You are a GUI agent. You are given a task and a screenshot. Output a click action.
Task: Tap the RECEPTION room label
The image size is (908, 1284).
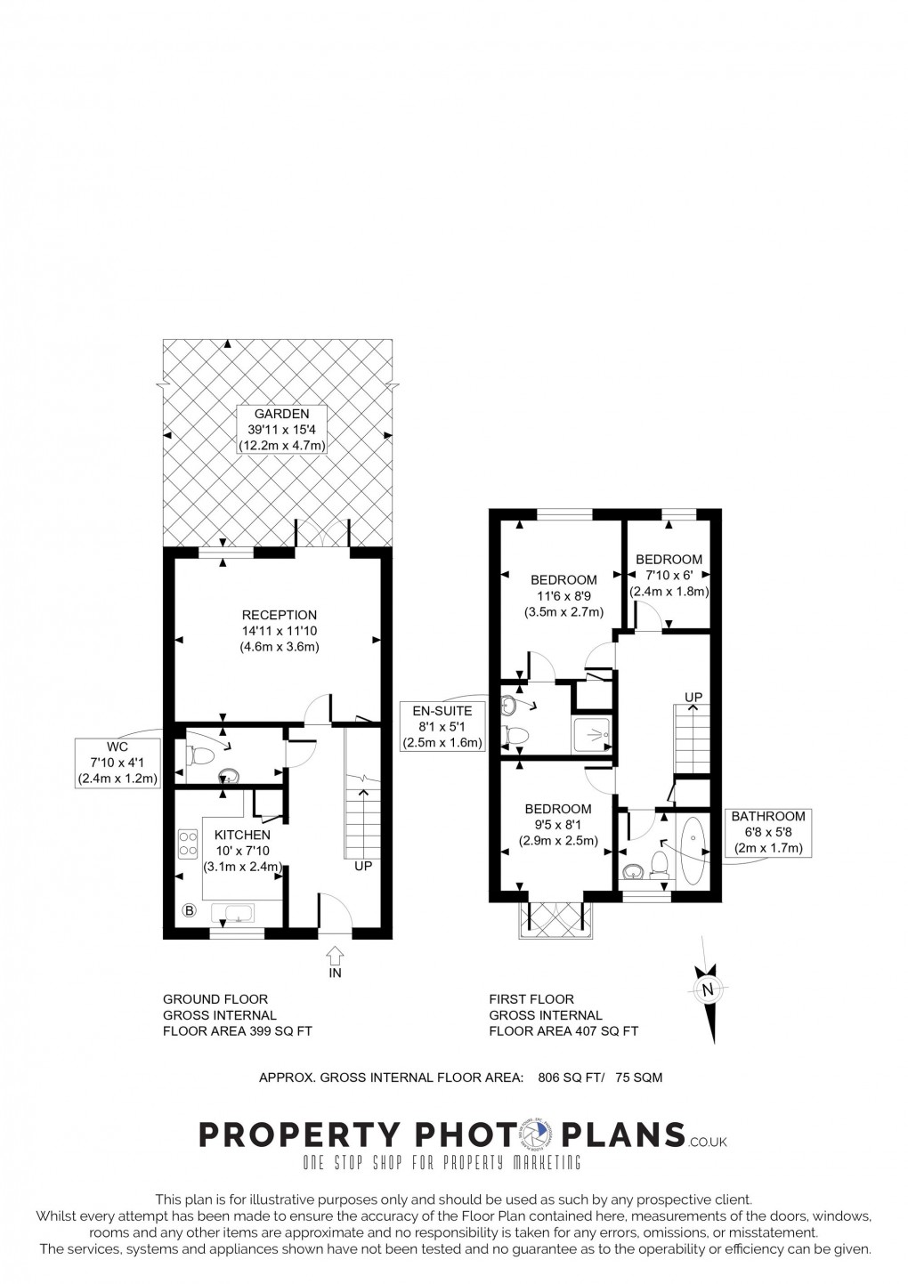(x=279, y=631)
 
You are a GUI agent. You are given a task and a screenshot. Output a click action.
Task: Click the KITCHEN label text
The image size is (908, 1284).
(x=242, y=835)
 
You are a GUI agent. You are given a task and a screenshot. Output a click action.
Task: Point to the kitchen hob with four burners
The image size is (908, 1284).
(x=188, y=843)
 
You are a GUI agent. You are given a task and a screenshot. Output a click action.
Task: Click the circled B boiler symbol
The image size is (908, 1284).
(x=189, y=909)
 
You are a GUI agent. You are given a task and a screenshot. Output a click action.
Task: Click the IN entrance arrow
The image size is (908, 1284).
(x=335, y=959)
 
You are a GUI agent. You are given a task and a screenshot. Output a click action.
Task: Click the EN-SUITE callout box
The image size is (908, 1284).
(x=442, y=725)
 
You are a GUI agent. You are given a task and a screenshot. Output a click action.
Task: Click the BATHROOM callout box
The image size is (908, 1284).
(x=767, y=832)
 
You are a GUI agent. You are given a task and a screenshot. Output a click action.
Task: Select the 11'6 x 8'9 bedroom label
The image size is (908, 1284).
(x=563, y=596)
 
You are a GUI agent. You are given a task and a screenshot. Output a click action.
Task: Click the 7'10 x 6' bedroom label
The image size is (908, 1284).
(x=669, y=575)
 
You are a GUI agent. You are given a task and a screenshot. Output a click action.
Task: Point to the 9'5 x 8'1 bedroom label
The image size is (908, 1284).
(x=557, y=824)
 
